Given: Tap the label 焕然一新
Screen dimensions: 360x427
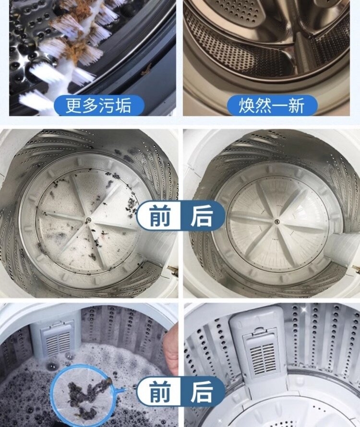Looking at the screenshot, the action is [272, 106].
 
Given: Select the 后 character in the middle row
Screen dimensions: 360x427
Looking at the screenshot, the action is [201, 216].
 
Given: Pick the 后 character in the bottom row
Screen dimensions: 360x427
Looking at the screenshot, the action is [201, 391].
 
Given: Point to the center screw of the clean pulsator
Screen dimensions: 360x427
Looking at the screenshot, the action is [277, 221].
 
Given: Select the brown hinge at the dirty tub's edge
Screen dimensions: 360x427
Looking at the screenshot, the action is [172, 269].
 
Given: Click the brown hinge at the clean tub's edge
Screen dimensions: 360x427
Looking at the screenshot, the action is [357, 270].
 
